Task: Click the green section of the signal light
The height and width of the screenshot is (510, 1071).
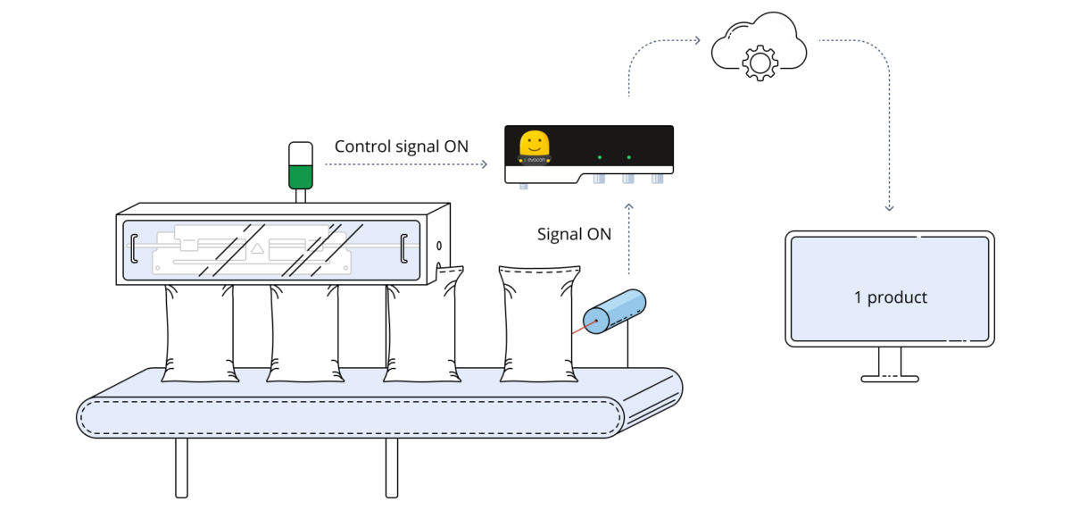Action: (301, 177)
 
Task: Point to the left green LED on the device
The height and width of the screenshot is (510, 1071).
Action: (600, 158)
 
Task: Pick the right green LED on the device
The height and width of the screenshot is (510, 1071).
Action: (629, 158)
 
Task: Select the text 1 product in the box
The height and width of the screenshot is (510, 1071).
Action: (890, 297)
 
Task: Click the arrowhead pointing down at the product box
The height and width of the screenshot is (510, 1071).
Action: (889, 207)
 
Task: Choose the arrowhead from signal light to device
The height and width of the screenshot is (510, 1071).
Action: (484, 164)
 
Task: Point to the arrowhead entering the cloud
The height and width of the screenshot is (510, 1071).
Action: (696, 39)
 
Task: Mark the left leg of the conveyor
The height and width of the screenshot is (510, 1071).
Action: (181, 466)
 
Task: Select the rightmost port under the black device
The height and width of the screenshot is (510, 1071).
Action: (658, 180)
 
